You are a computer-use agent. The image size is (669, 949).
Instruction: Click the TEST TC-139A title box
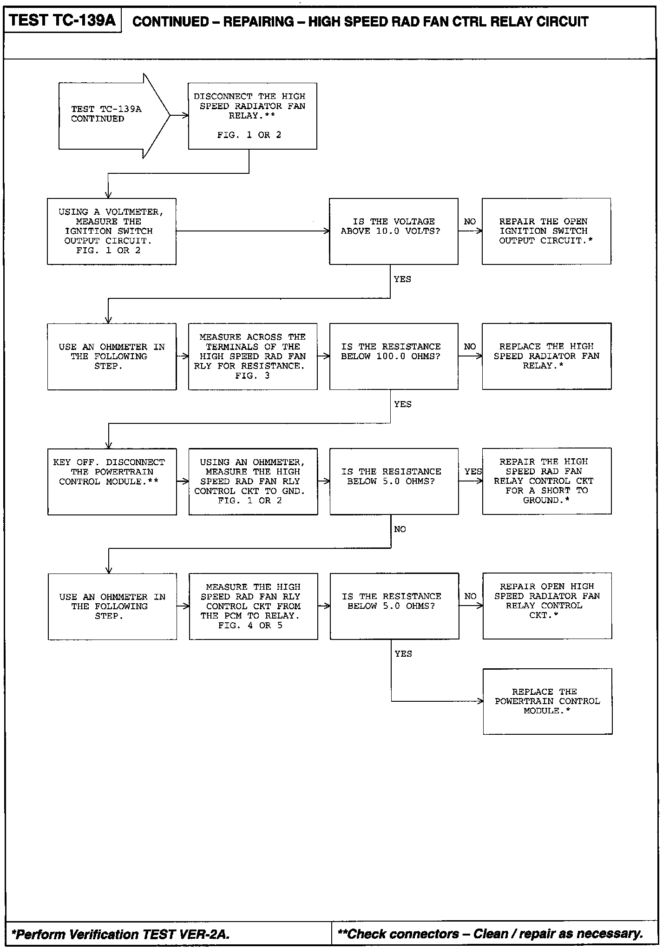(x=62, y=21)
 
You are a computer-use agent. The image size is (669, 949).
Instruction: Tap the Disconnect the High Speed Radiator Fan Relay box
(x=252, y=116)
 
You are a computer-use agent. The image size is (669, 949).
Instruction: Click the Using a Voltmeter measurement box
(x=111, y=231)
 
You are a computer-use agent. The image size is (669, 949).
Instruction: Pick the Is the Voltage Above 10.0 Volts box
(x=393, y=231)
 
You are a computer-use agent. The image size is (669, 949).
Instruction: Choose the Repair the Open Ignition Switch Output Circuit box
(x=546, y=231)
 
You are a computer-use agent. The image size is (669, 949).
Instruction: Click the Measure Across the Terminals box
(x=253, y=356)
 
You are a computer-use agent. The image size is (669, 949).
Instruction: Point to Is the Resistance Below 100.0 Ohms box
(x=394, y=356)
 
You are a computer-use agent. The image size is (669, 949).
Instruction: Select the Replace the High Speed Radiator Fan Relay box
(x=546, y=356)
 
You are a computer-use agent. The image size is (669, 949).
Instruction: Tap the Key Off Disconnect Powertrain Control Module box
(x=112, y=481)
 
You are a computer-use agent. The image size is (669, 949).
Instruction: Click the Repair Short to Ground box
(x=546, y=481)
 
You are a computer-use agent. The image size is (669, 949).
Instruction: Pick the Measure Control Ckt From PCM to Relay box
(x=253, y=606)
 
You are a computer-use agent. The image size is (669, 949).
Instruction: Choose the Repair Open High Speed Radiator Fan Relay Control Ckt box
(x=547, y=606)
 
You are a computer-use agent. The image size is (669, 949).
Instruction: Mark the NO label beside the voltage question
(x=470, y=222)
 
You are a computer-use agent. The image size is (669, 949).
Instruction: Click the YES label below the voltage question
(x=402, y=279)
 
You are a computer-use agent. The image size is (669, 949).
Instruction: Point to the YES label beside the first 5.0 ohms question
(x=473, y=472)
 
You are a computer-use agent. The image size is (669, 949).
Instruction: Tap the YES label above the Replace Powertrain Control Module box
(x=403, y=654)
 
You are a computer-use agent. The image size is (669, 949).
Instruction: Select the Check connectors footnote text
(x=491, y=934)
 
